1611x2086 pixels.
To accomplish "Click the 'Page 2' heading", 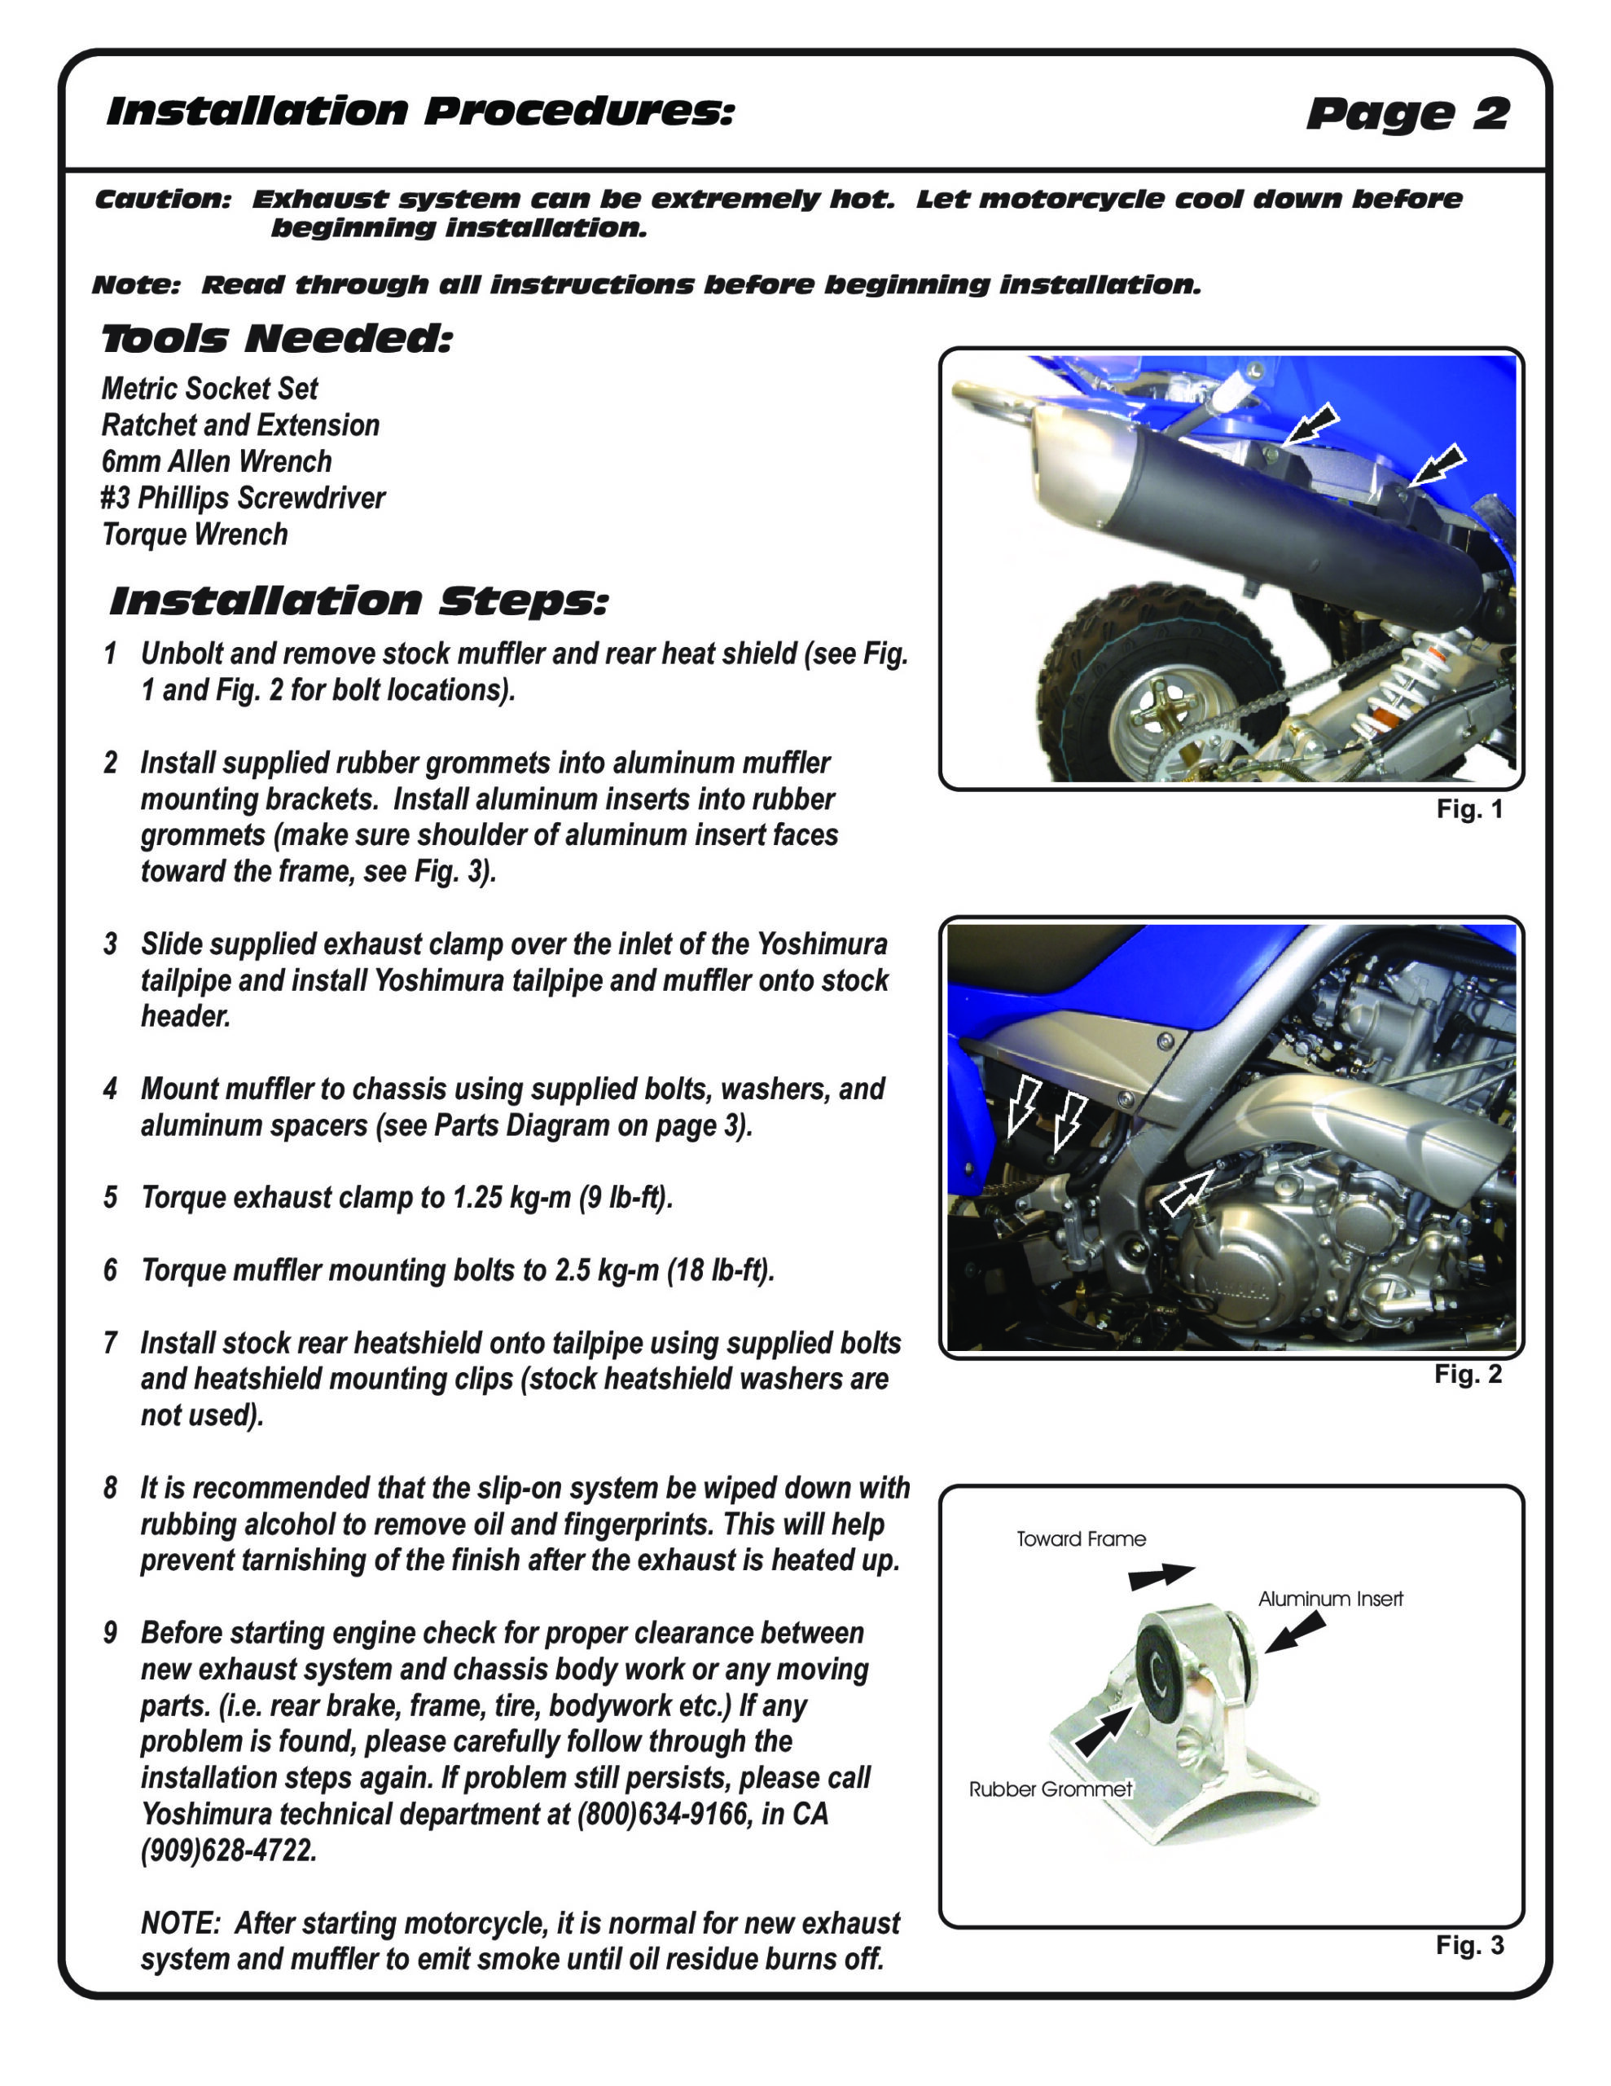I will point(1407,115).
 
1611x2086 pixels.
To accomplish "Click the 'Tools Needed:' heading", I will point(276,339).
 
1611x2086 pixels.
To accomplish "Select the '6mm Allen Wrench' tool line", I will point(217,461).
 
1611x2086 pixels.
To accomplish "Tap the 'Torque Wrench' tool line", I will point(195,534).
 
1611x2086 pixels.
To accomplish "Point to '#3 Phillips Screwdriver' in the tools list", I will point(244,498).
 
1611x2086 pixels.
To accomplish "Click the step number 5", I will point(111,1198).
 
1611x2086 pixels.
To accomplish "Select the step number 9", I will point(111,1632).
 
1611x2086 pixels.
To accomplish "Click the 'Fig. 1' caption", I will point(1469,810).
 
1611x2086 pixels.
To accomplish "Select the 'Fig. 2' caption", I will point(1468,1375).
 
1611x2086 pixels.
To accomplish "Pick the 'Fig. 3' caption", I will point(1469,1946).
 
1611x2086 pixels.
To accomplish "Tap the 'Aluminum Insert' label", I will point(1330,1599).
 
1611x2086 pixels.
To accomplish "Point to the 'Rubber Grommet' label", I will point(1051,1789).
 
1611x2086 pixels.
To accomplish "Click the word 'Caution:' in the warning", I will point(163,200).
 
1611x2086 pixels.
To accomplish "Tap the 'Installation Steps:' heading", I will point(358,601).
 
